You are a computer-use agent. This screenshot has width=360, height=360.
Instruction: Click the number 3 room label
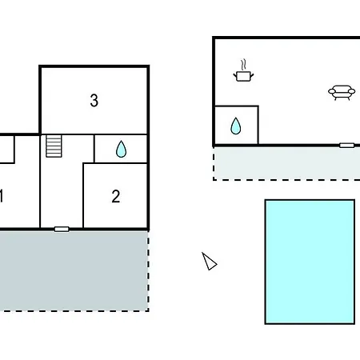click(94, 101)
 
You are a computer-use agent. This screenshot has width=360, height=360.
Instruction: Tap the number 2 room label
click(116, 197)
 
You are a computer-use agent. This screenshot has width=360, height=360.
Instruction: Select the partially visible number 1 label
click(2, 196)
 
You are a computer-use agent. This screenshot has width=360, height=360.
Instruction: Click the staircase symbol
click(54, 146)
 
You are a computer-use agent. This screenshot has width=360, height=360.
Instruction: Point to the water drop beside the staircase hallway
click(121, 149)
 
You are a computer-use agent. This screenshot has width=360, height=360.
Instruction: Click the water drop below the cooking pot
click(236, 126)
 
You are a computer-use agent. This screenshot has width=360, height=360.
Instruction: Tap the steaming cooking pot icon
click(243, 70)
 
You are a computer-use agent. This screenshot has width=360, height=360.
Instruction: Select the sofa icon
click(342, 93)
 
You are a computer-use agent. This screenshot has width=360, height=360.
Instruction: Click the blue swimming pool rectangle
click(310, 262)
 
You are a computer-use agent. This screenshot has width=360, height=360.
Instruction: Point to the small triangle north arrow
click(209, 262)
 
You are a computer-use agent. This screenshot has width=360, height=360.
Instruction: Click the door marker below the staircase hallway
click(62, 229)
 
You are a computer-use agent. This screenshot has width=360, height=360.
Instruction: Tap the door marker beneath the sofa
click(346, 146)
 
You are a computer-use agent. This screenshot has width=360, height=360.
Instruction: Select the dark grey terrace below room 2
click(74, 270)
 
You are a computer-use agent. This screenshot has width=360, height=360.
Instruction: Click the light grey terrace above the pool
click(287, 163)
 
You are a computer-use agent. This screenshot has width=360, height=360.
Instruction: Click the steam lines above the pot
click(243, 65)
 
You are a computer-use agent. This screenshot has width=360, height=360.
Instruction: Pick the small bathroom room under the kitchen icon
click(236, 126)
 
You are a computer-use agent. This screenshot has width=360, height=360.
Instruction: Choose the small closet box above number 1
click(7, 150)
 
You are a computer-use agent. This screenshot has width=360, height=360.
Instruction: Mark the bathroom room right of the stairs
click(121, 149)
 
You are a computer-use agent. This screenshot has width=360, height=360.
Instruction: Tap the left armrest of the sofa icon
click(331, 91)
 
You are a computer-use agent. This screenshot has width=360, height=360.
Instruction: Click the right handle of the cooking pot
click(251, 75)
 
